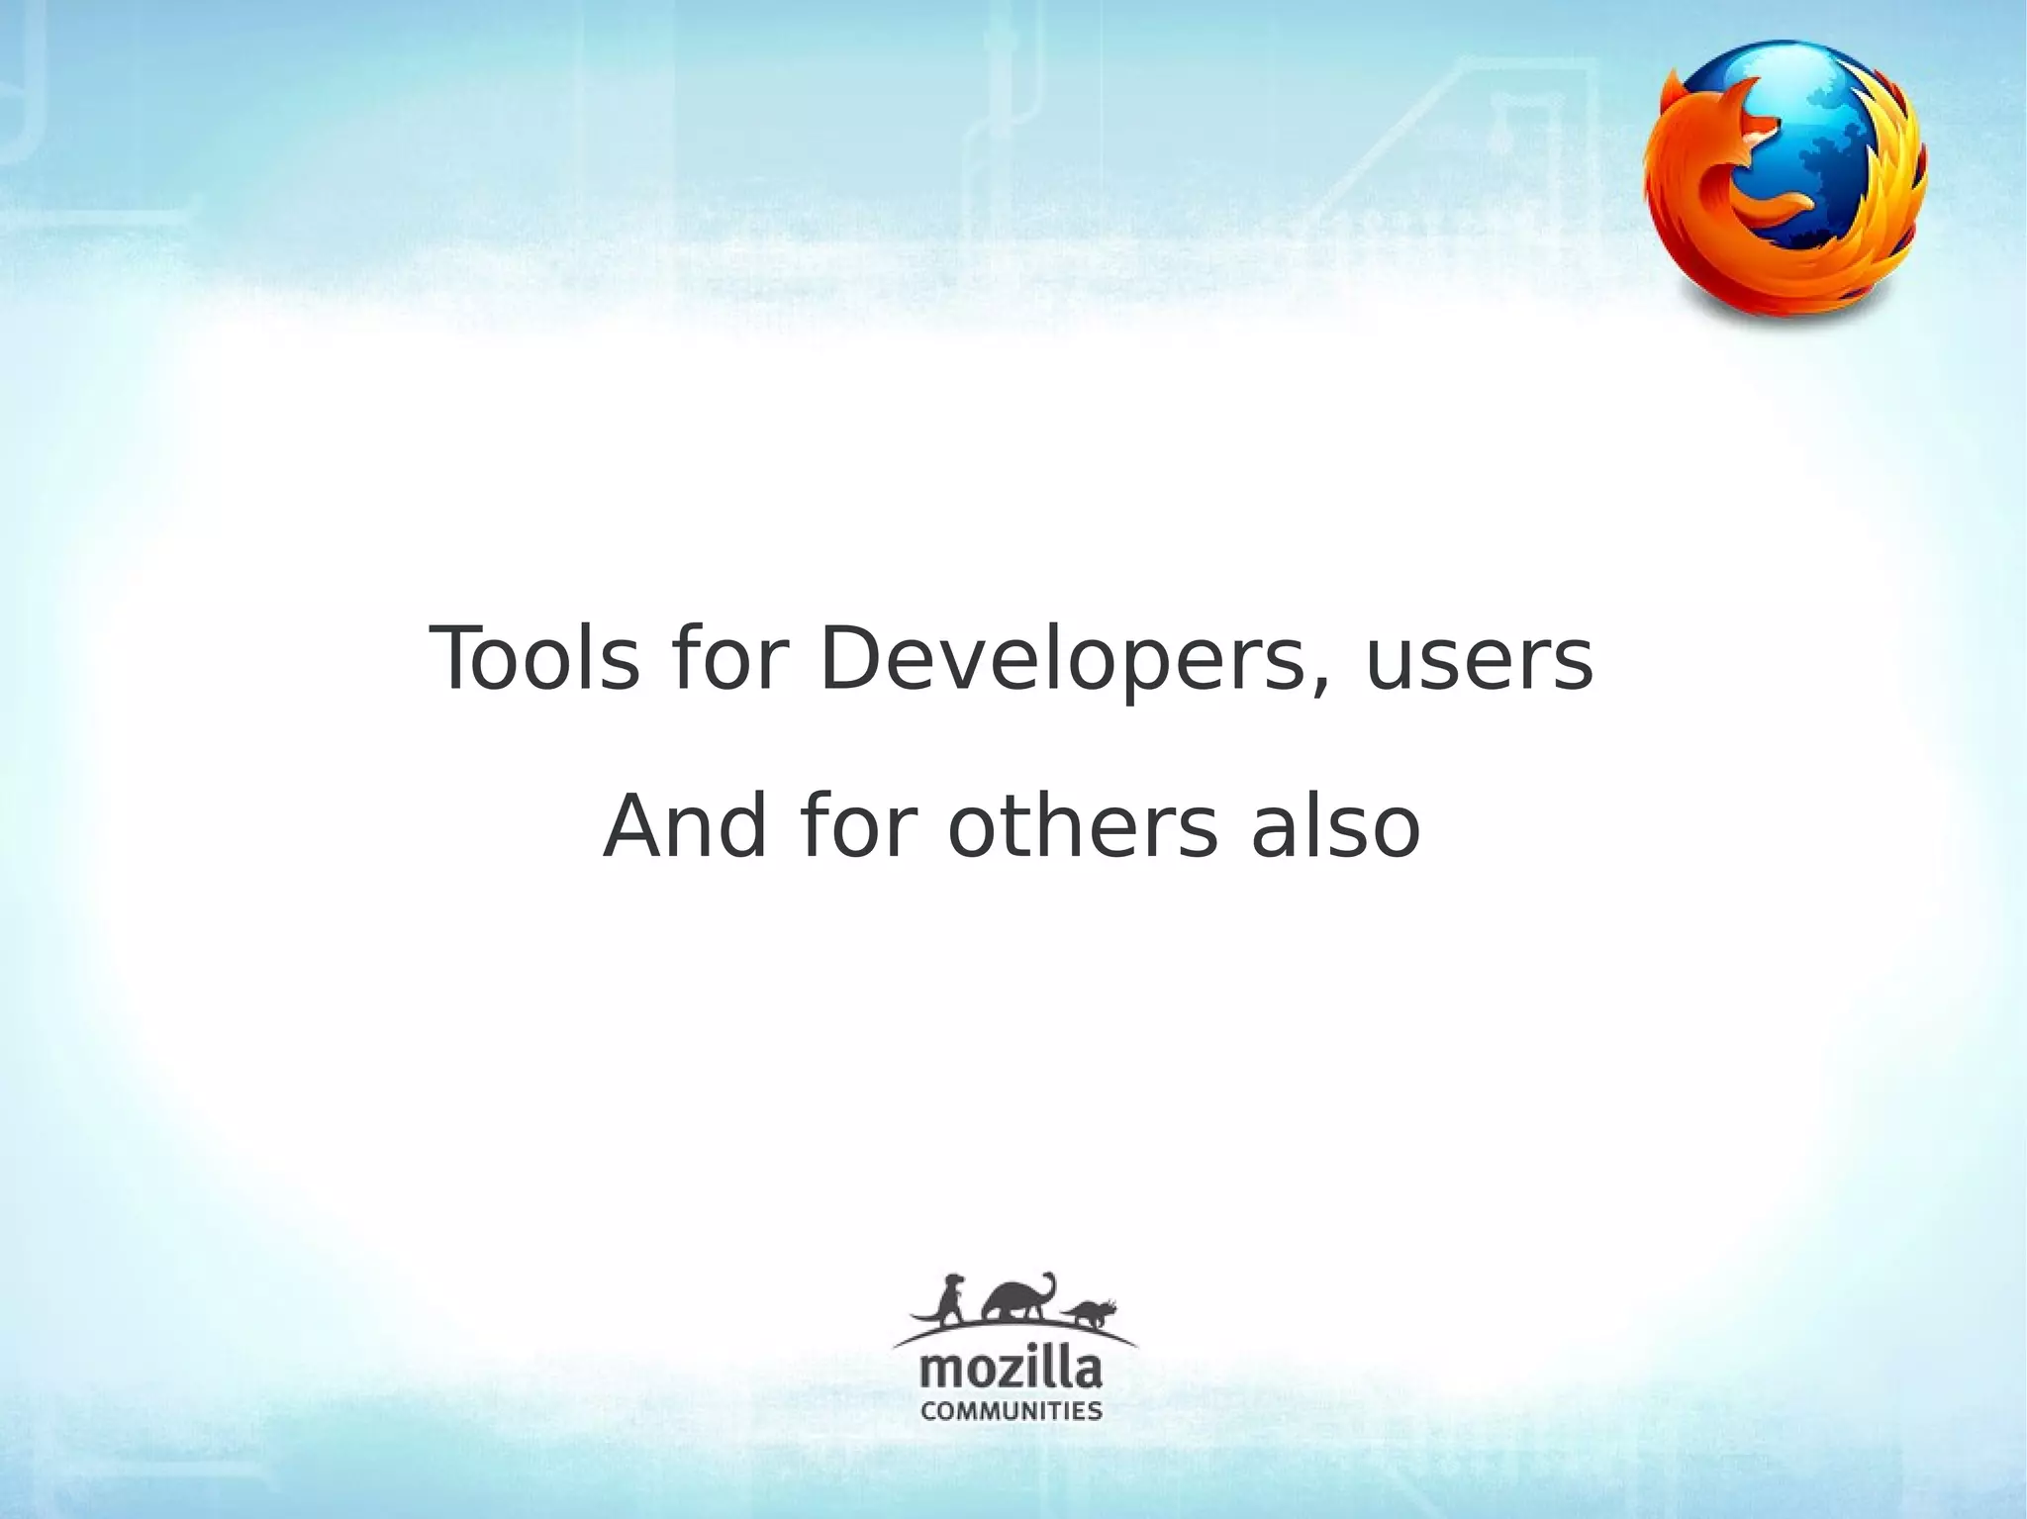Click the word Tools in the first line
click(534, 659)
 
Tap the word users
click(1479, 661)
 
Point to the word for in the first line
click(728, 659)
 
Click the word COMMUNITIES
click(1012, 1410)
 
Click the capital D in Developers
click(853, 659)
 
